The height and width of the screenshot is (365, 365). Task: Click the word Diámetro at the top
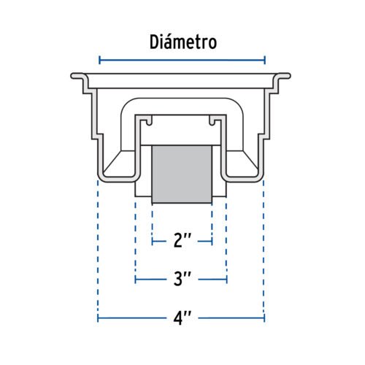183,42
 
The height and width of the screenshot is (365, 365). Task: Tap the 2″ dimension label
182,240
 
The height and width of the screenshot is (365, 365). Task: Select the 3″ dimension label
182,279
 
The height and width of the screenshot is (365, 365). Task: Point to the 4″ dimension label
182,317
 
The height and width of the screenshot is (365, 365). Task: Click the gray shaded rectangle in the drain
182,174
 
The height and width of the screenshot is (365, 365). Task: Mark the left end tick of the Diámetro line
99,60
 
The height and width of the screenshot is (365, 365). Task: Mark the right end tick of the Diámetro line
265,60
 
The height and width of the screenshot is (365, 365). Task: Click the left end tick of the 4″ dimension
98,318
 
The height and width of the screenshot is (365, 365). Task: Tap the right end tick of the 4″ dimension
264,318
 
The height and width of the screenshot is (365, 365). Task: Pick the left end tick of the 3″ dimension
135,280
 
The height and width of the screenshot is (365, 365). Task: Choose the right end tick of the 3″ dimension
227,280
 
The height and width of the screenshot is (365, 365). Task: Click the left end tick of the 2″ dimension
153,242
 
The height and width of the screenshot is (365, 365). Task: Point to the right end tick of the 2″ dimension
212,242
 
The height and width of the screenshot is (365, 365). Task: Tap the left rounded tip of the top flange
72,76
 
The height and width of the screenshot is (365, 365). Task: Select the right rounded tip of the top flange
289,76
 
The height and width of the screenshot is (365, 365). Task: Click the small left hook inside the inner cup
149,120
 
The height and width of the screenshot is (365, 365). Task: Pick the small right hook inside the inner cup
212,120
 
